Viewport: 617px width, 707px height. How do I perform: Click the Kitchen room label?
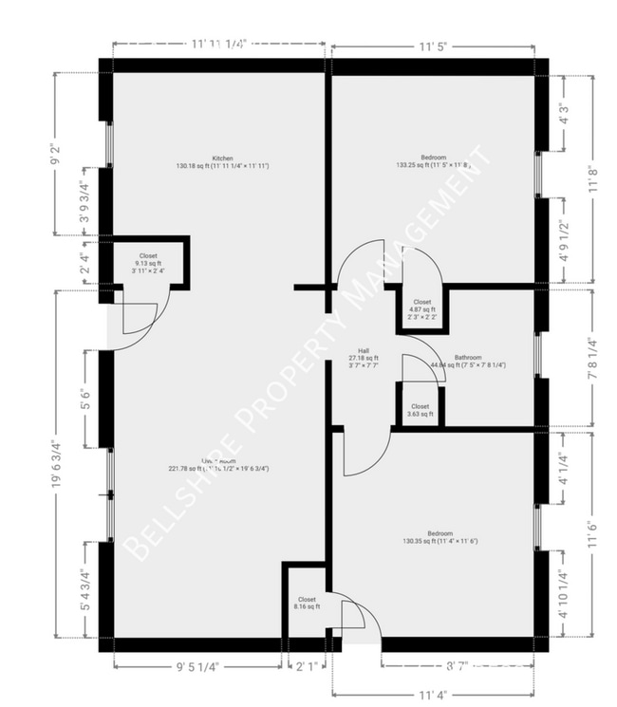(x=223, y=158)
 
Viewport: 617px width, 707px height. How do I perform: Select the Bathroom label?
(x=468, y=358)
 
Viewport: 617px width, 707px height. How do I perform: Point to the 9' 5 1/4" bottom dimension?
(x=197, y=666)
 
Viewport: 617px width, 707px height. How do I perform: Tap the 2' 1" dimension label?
(x=305, y=666)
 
